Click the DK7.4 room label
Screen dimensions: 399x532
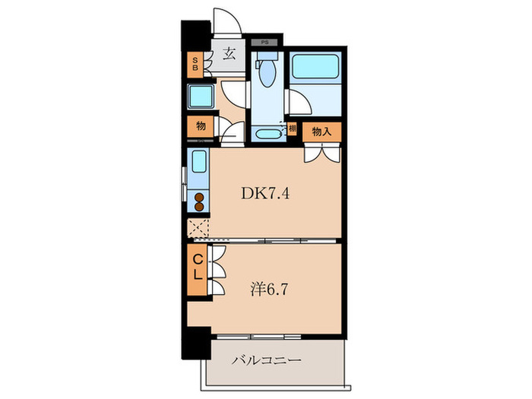[266, 194]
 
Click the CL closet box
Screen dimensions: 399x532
[196, 269]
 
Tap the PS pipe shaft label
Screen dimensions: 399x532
[264, 43]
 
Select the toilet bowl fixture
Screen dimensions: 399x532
[265, 73]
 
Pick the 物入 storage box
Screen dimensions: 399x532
[321, 131]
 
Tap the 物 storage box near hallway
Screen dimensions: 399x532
[200, 125]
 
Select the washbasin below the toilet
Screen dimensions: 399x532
[267, 135]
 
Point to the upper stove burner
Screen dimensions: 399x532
[199, 198]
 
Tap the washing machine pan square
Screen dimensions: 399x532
[201, 97]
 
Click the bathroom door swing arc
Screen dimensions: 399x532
[295, 103]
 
